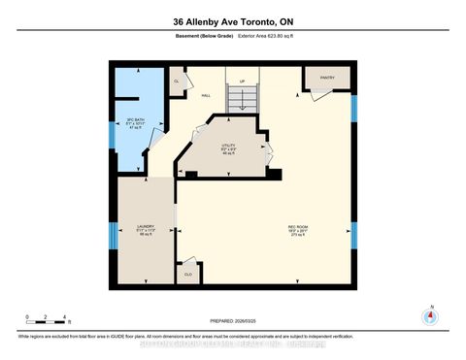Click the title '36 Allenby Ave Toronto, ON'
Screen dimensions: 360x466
coord(232,22)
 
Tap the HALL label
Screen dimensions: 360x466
coord(206,95)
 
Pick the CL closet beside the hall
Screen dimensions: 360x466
coord(178,82)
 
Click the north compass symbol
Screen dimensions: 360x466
coord(429,315)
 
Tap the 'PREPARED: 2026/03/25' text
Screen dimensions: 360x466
coord(232,321)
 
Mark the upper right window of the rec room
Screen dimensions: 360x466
coord(353,106)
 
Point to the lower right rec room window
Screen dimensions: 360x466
coord(353,236)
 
